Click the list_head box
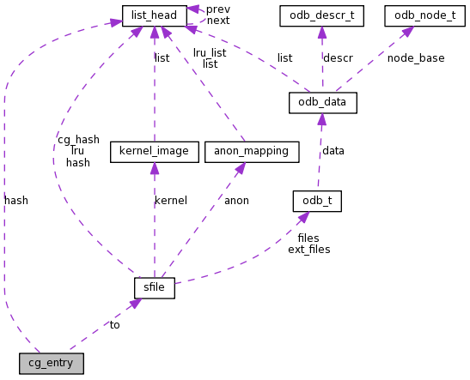(155, 15)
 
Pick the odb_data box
(322, 103)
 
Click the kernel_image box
(154, 152)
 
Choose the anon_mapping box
(251, 152)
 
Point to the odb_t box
(317, 201)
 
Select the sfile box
(155, 287)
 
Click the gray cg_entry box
(51, 363)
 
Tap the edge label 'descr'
(338, 58)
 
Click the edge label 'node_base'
(416, 58)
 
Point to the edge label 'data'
(333, 151)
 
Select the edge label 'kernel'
(170, 201)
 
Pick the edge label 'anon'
(236, 201)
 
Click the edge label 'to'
(114, 325)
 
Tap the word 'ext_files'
(308, 250)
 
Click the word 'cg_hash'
(78, 139)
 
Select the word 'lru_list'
(210, 52)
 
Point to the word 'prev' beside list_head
(218, 9)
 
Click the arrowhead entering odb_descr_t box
(322, 32)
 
